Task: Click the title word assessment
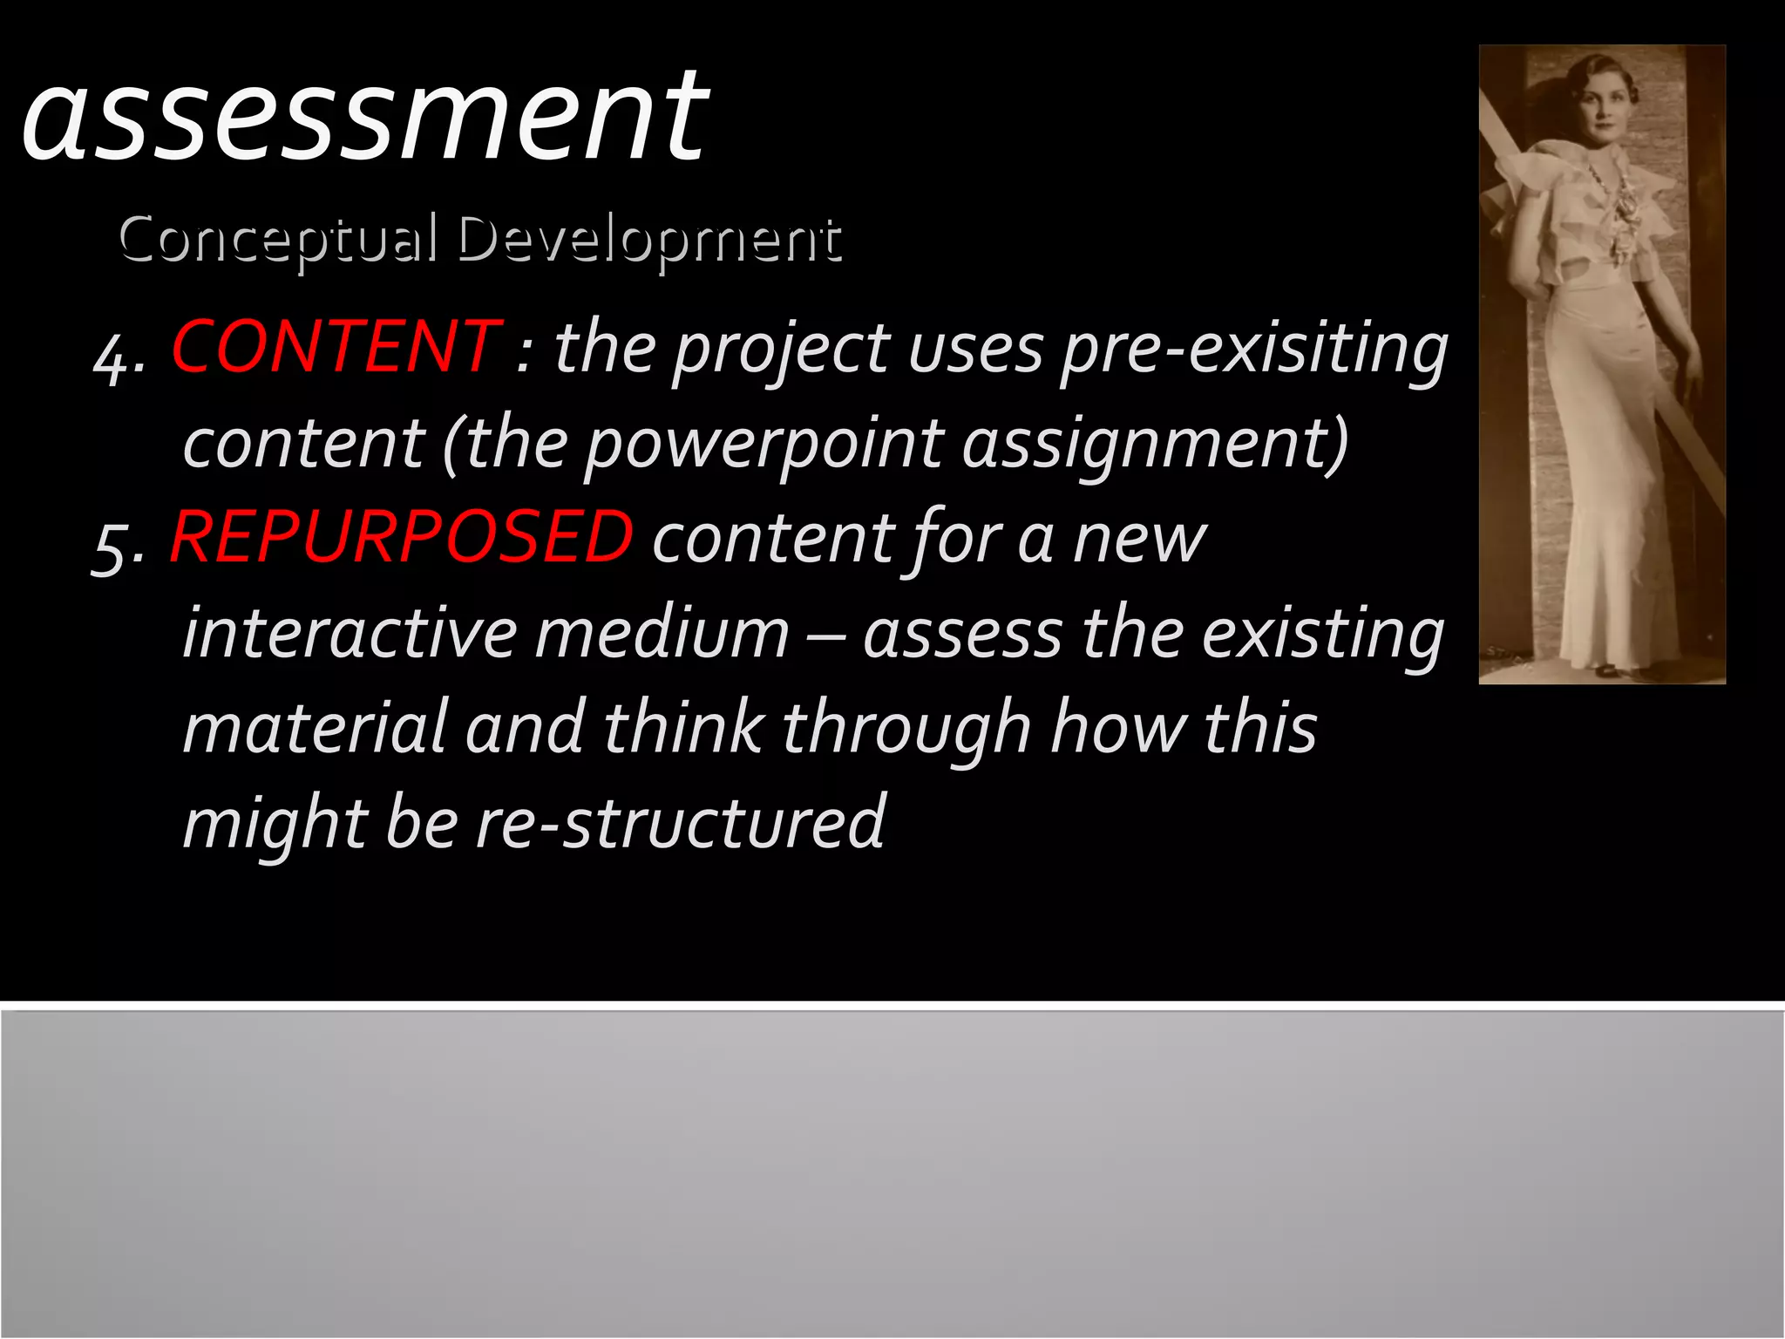(x=364, y=118)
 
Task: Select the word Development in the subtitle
(x=649, y=241)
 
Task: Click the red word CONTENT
(x=336, y=347)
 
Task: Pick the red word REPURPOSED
(x=401, y=537)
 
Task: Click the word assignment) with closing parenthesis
(x=1156, y=445)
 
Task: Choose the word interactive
(x=350, y=633)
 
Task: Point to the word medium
(x=662, y=633)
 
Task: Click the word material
(x=315, y=729)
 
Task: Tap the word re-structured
(x=681, y=823)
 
